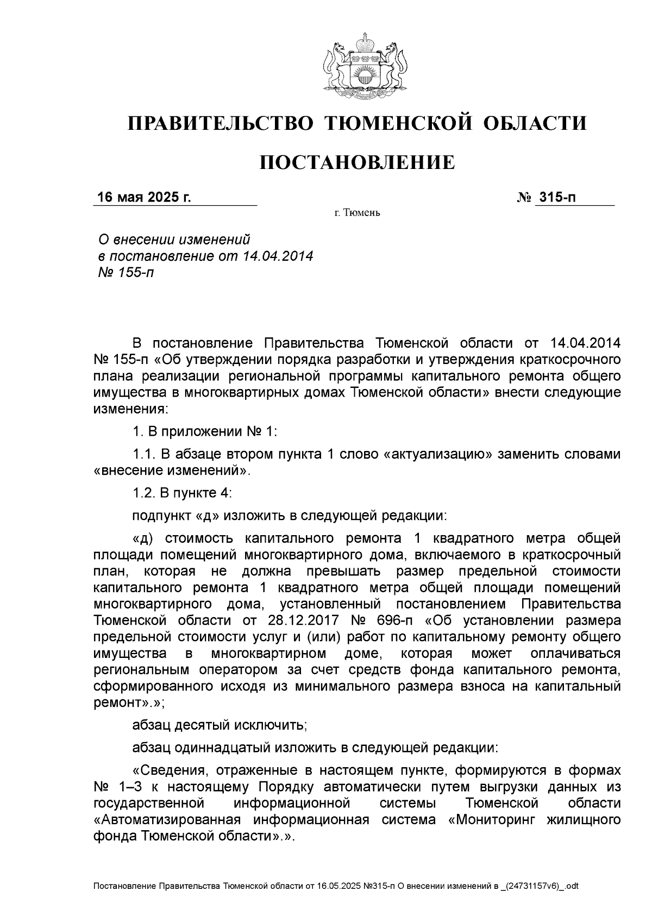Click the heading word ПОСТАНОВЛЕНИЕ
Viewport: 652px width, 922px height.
tap(357, 162)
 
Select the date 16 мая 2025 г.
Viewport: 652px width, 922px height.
tap(143, 197)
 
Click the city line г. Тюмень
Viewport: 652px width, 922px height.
tap(357, 212)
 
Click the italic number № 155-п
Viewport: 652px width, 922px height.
tap(126, 272)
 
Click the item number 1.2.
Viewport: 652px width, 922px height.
tap(143, 493)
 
